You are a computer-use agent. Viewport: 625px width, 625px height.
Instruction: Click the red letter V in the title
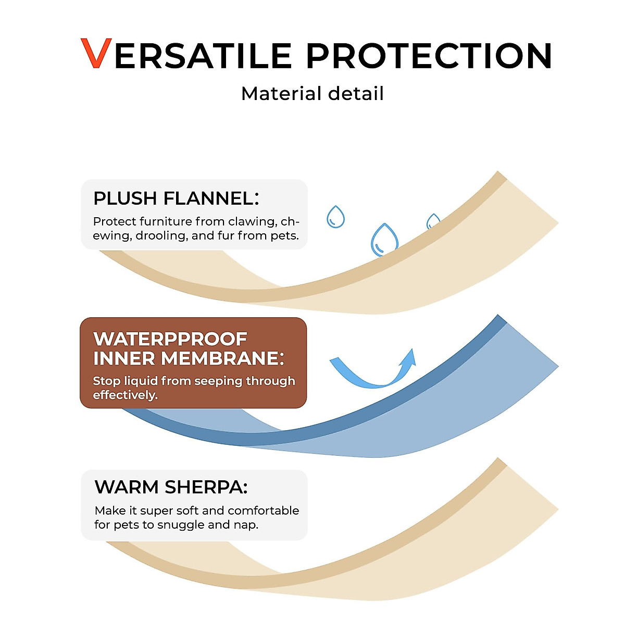click(x=96, y=53)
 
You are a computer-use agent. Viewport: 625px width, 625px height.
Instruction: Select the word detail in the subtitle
click(x=356, y=93)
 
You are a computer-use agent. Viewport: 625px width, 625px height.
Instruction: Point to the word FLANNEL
click(x=211, y=198)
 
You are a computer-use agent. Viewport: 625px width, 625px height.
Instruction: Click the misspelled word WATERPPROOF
click(x=170, y=339)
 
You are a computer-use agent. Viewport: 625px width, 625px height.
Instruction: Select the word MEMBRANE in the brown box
click(x=222, y=359)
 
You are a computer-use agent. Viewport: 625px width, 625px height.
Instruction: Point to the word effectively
click(x=125, y=395)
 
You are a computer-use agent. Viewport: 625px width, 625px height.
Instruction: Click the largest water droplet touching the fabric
click(x=384, y=240)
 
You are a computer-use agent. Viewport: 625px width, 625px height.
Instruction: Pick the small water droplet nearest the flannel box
click(x=335, y=217)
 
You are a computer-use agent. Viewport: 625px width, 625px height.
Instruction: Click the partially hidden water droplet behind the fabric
click(x=432, y=221)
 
